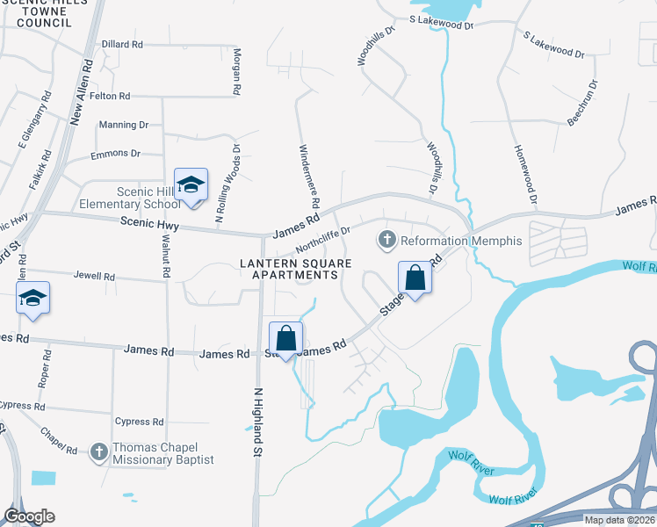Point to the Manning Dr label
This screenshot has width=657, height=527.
click(x=124, y=126)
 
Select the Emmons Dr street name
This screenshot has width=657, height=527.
click(x=115, y=154)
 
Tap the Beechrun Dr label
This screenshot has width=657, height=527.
click(x=582, y=103)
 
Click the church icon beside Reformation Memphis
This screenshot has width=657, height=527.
click(x=386, y=239)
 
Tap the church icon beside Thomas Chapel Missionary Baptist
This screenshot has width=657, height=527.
click(x=98, y=451)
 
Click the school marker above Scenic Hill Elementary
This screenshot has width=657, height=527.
click(x=191, y=185)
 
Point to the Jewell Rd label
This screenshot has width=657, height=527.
click(x=95, y=277)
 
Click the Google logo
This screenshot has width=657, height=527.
click(x=29, y=516)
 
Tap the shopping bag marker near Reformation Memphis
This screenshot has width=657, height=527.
click(x=415, y=278)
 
